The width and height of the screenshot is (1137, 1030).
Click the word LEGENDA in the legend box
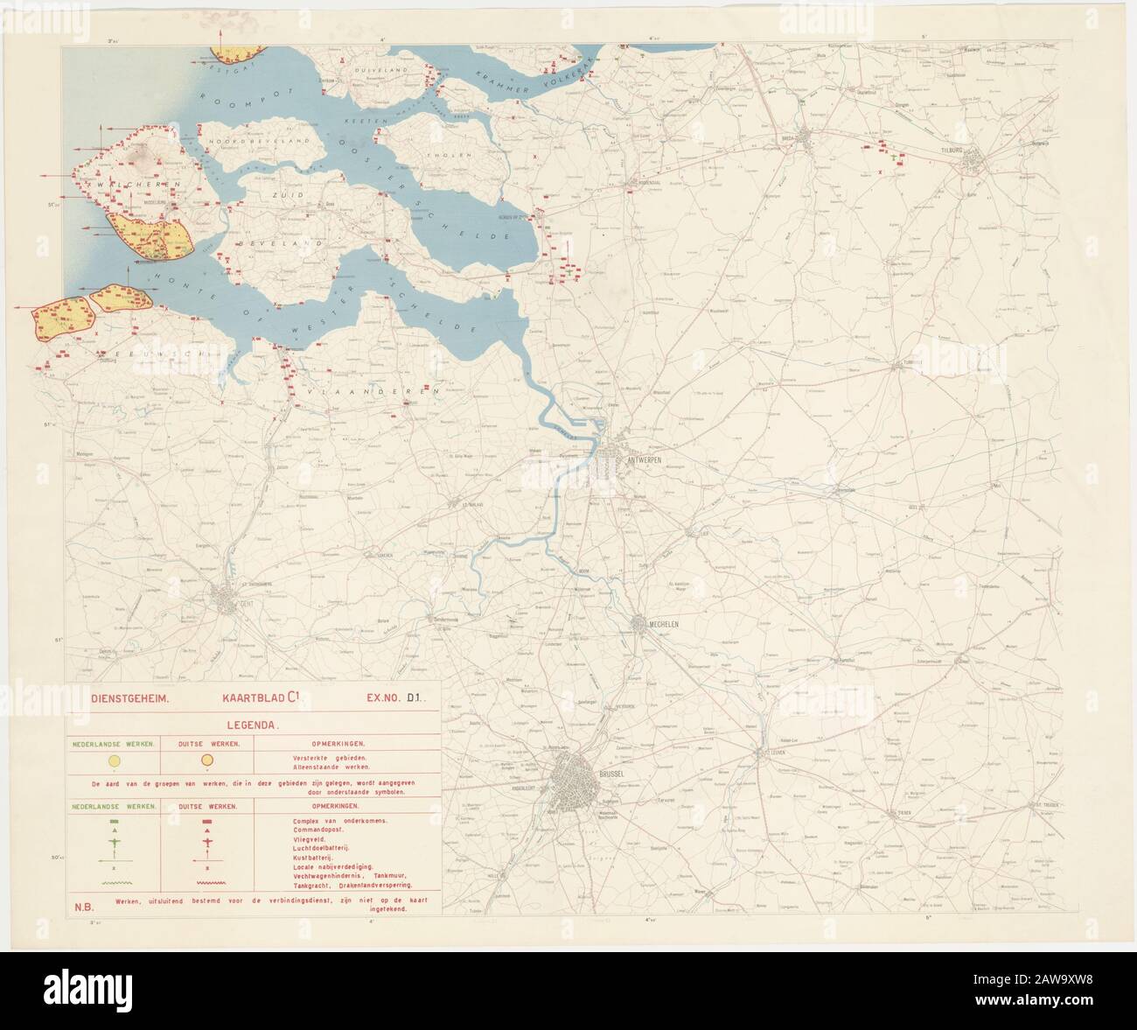253,725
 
